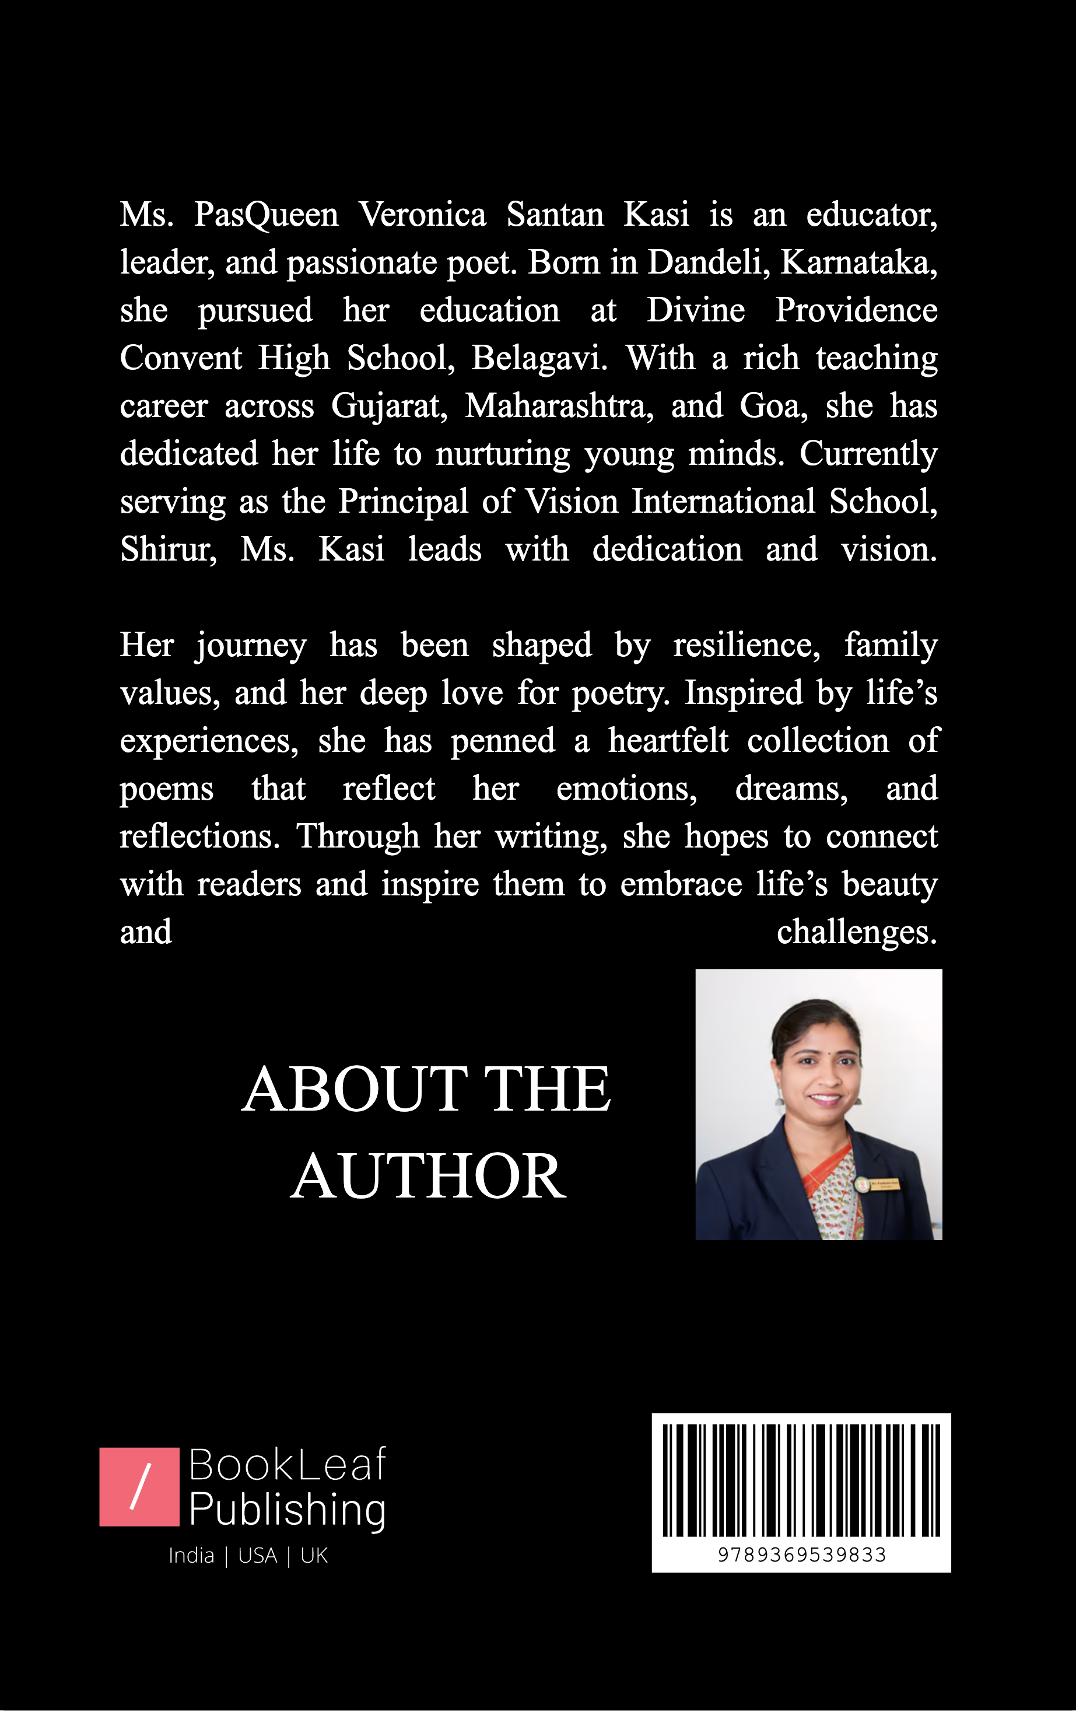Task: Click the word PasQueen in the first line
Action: (x=266, y=215)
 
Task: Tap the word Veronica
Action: (x=422, y=214)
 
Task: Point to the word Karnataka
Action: (x=858, y=262)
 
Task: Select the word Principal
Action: (x=403, y=502)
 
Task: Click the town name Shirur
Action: (x=169, y=549)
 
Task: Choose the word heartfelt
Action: (x=668, y=741)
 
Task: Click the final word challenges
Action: (x=856, y=932)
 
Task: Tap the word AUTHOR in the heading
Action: (x=428, y=1177)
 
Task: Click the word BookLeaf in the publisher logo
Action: (x=287, y=1465)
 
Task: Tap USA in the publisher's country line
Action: (x=257, y=1556)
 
